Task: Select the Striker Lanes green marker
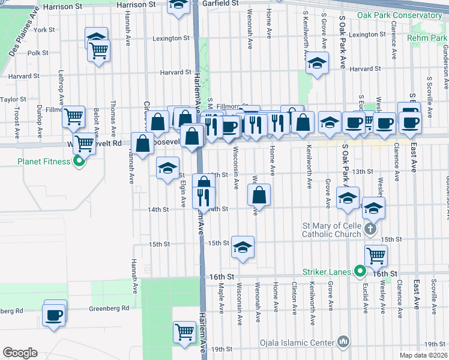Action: point(360,272)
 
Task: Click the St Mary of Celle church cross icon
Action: point(371,228)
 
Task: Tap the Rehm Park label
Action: point(427,38)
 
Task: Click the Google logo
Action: point(20,353)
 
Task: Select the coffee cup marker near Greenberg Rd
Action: point(54,314)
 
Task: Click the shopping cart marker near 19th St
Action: point(184,331)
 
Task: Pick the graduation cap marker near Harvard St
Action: point(317,63)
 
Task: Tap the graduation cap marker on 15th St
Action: point(243,247)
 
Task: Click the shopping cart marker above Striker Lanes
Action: point(376,256)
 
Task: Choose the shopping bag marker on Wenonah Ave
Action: point(259,195)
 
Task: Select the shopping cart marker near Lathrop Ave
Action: point(73,117)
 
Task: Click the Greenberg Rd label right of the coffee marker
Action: point(109,308)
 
